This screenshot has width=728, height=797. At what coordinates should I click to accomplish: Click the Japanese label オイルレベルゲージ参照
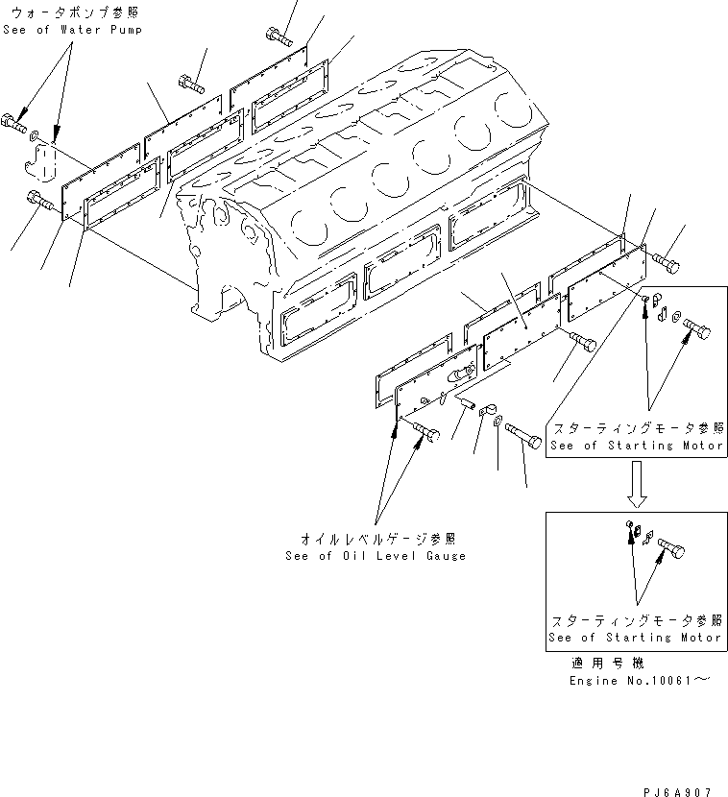click(376, 538)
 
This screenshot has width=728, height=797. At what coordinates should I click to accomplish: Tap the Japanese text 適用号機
click(608, 663)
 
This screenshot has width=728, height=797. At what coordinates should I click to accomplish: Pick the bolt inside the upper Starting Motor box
click(696, 332)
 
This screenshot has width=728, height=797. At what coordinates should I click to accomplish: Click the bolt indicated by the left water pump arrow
click(16, 122)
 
